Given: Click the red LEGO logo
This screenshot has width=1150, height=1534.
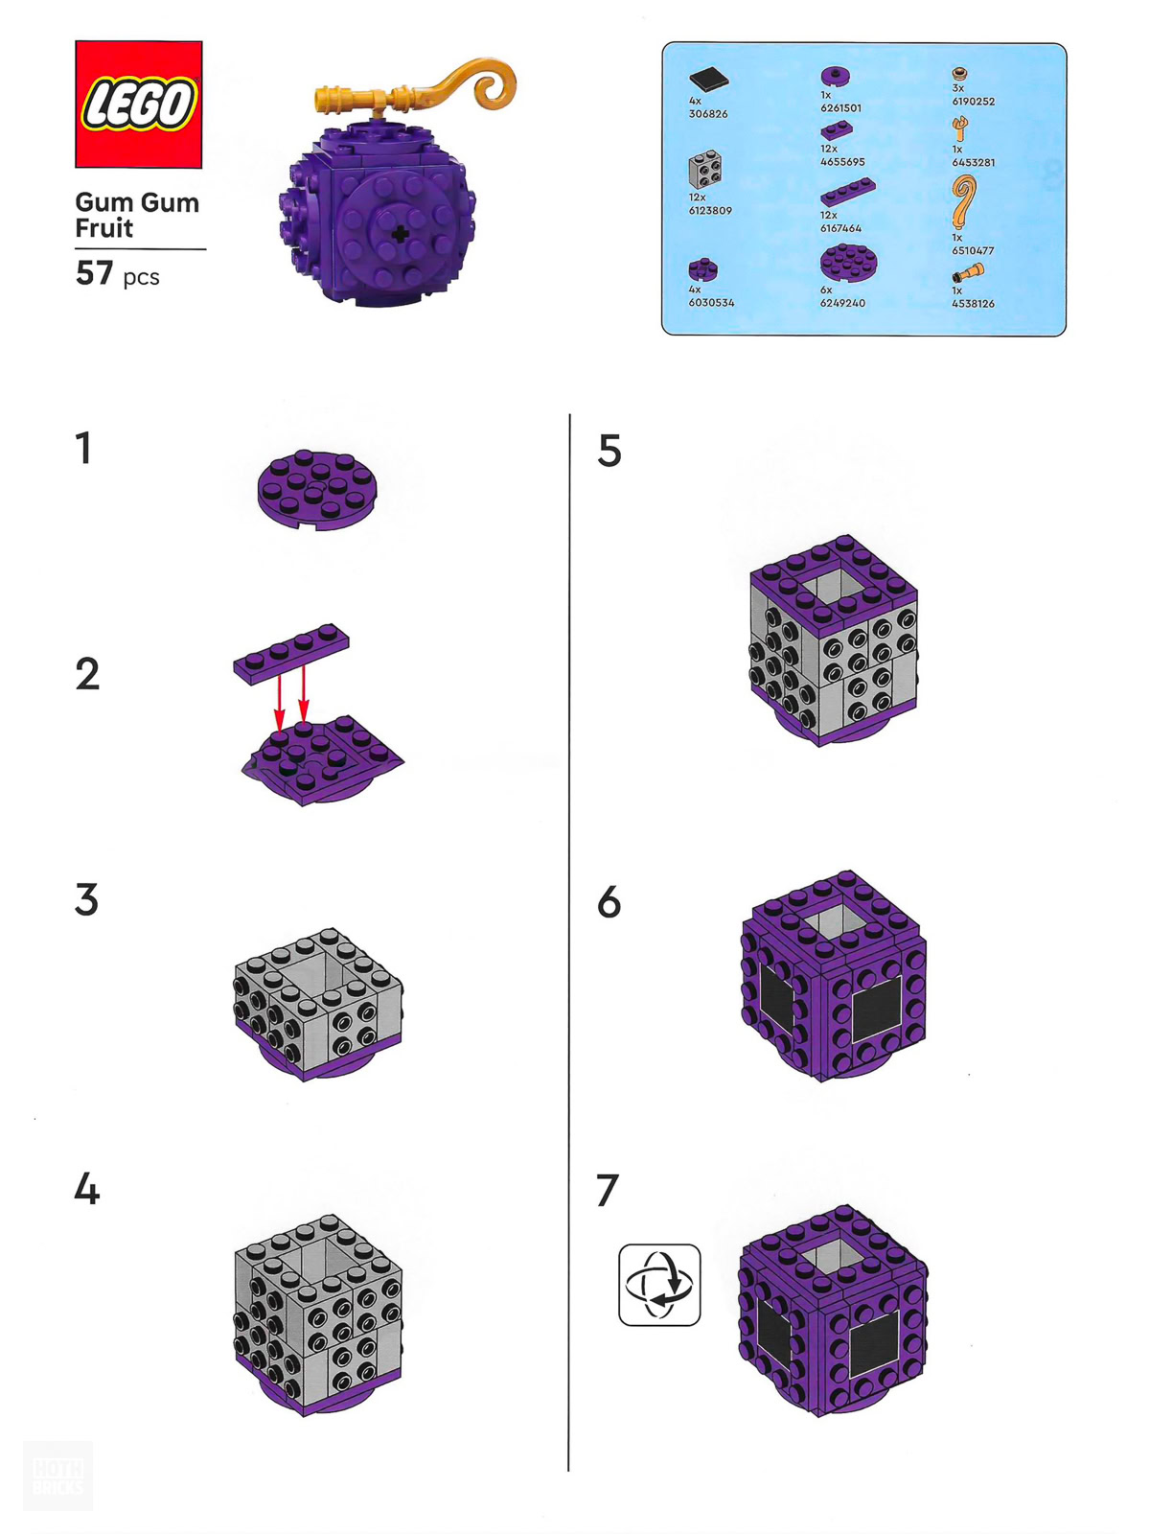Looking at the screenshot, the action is click(138, 105).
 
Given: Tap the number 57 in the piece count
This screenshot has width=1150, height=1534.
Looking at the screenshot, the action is click(94, 273).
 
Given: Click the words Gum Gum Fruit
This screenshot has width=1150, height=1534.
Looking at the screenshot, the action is click(138, 216).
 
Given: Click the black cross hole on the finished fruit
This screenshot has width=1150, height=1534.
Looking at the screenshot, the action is click(400, 235).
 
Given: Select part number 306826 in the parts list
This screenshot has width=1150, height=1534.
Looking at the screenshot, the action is click(708, 114).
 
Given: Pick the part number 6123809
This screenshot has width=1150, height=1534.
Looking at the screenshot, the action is click(710, 210).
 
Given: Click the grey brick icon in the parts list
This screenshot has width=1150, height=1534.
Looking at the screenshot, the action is click(705, 170).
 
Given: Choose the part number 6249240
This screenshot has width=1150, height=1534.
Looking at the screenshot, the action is click(842, 303).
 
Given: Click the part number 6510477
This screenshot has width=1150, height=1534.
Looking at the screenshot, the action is click(973, 250).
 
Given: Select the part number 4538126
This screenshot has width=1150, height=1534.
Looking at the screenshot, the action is click(973, 303).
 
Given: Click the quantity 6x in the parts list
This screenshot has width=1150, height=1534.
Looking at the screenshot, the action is click(826, 290).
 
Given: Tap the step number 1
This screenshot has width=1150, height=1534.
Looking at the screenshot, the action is click(83, 448).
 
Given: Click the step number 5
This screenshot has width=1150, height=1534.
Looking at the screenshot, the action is click(609, 451).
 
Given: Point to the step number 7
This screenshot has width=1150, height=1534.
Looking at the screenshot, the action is click(608, 1191).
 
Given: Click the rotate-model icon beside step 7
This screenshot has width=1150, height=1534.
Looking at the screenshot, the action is click(659, 1285).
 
